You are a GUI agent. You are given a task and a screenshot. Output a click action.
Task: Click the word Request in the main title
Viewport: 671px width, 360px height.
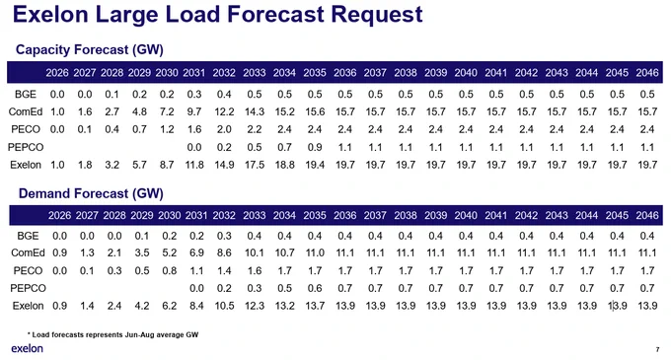click(377, 16)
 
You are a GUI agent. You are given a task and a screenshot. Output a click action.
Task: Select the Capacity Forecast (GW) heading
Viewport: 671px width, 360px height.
click(90, 49)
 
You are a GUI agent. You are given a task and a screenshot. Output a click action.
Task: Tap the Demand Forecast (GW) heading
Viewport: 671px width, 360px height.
click(91, 193)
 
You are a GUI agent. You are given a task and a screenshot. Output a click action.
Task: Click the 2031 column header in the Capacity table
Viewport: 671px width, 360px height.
click(193, 73)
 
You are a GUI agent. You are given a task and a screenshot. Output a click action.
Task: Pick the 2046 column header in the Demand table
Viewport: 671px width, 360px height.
click(647, 215)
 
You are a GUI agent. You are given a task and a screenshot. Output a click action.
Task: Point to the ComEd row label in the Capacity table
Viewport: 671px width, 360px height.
click(26, 112)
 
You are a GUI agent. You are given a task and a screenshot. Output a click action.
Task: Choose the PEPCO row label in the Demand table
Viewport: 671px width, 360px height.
click(28, 288)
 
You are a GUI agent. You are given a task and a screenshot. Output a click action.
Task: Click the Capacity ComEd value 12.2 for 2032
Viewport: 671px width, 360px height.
click(224, 112)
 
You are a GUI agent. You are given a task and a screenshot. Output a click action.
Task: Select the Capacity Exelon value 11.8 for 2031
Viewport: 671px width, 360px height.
click(194, 165)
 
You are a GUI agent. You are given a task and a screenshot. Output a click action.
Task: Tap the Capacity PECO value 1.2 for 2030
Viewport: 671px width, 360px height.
click(167, 129)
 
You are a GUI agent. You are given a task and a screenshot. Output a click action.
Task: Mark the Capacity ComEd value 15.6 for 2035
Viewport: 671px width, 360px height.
click(315, 112)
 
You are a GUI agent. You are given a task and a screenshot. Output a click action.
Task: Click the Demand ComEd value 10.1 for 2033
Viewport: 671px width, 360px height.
click(255, 253)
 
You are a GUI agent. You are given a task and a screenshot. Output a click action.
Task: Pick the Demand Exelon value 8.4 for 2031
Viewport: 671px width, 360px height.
click(196, 306)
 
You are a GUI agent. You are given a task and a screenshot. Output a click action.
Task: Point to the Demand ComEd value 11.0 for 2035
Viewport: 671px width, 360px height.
click(315, 253)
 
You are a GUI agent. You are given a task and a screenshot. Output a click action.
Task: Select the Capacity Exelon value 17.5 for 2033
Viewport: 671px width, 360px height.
click(255, 165)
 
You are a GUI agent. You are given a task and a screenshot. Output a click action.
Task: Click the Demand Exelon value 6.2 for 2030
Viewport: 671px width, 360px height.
click(170, 306)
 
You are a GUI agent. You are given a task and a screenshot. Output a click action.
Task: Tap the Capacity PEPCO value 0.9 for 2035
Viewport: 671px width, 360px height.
click(315, 148)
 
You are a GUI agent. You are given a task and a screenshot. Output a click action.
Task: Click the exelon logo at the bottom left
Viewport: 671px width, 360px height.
click(27, 348)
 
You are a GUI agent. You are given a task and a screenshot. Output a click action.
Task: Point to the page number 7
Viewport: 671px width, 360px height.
click(658, 350)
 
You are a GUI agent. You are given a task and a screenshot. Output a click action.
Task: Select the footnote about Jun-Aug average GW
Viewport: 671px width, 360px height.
click(112, 334)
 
